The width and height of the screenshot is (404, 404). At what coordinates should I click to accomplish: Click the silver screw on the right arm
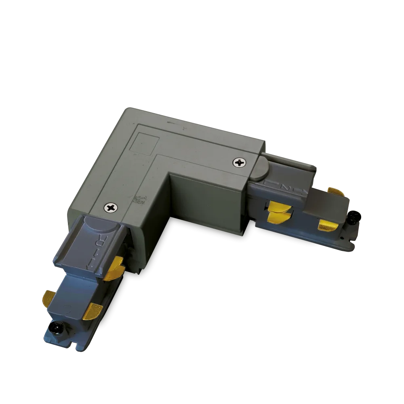point(239,163)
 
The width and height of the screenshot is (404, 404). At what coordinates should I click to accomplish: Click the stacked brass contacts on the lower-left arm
point(114,268)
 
